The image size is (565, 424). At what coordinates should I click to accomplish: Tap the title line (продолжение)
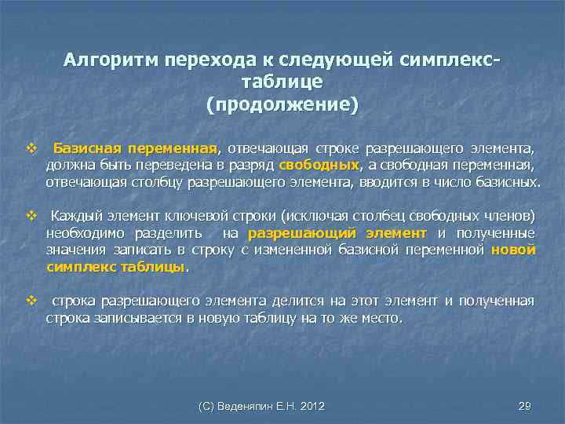click(x=282, y=104)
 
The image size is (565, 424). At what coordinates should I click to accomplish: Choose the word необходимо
click(x=81, y=233)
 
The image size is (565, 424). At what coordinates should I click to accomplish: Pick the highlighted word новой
click(x=513, y=250)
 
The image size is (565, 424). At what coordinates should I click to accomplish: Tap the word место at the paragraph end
click(x=380, y=319)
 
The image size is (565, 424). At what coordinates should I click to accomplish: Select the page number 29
click(x=524, y=406)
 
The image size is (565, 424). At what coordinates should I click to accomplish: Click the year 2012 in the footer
click(x=312, y=406)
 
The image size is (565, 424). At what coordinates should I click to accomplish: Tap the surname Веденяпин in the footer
click(x=243, y=406)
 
